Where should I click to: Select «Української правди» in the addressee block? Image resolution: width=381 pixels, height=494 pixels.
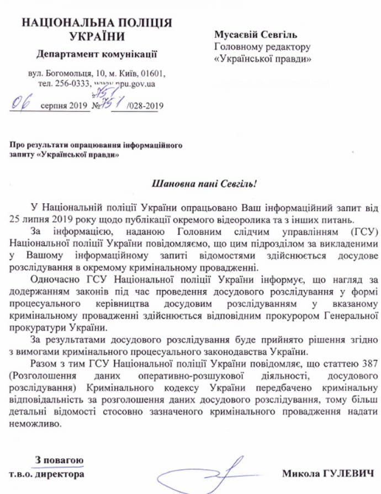coord(262,58)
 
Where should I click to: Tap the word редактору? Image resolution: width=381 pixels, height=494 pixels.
coord(282,47)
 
